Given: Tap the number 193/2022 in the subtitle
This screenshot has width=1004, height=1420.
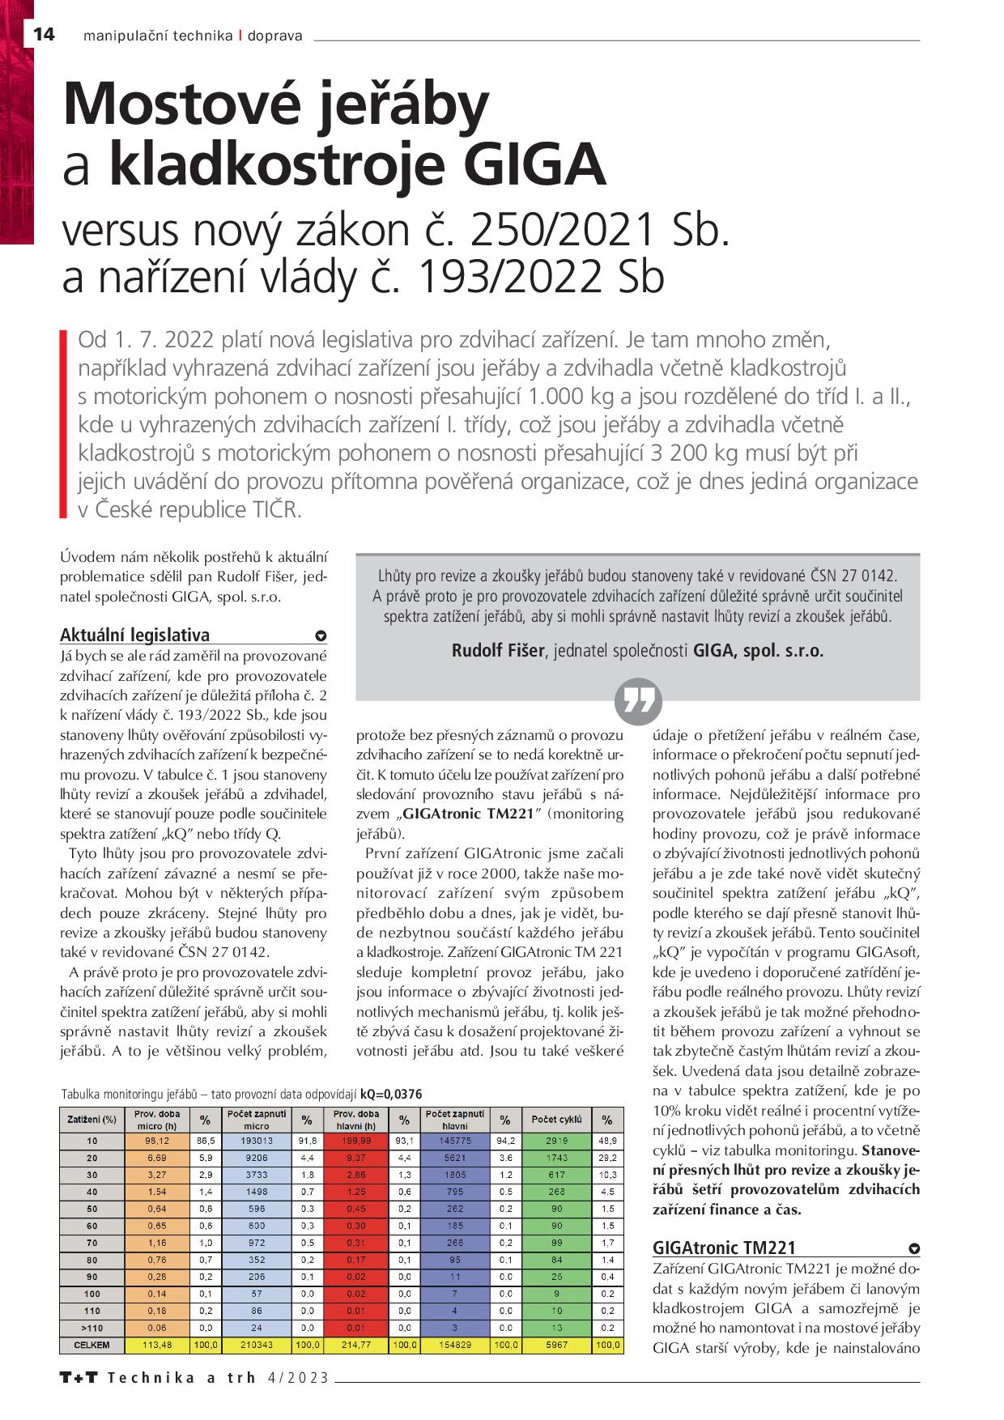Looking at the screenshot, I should click(508, 277).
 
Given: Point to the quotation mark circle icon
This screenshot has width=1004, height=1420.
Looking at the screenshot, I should click(638, 701).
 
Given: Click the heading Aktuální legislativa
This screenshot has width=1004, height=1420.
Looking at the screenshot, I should click(135, 635).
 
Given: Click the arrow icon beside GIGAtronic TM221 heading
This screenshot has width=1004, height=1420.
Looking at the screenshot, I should click(914, 1248).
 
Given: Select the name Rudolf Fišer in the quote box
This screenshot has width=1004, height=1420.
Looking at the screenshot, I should click(498, 650).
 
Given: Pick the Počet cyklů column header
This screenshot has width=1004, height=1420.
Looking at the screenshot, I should click(556, 1120).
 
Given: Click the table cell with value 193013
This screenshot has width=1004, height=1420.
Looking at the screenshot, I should click(257, 1141).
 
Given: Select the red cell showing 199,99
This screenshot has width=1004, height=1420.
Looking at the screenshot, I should click(356, 1141).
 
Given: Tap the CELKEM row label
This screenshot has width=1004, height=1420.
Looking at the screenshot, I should click(91, 1346).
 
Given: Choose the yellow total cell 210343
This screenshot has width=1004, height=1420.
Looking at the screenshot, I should click(257, 1346).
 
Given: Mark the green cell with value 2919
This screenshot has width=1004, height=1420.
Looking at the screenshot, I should click(556, 1141).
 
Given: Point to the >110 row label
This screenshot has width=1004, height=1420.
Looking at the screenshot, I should click(91, 1328).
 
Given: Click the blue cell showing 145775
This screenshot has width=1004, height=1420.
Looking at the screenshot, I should click(454, 1141).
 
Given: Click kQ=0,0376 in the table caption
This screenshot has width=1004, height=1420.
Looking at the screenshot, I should click(391, 1094).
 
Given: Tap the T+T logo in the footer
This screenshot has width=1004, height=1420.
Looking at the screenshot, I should click(79, 1378).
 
